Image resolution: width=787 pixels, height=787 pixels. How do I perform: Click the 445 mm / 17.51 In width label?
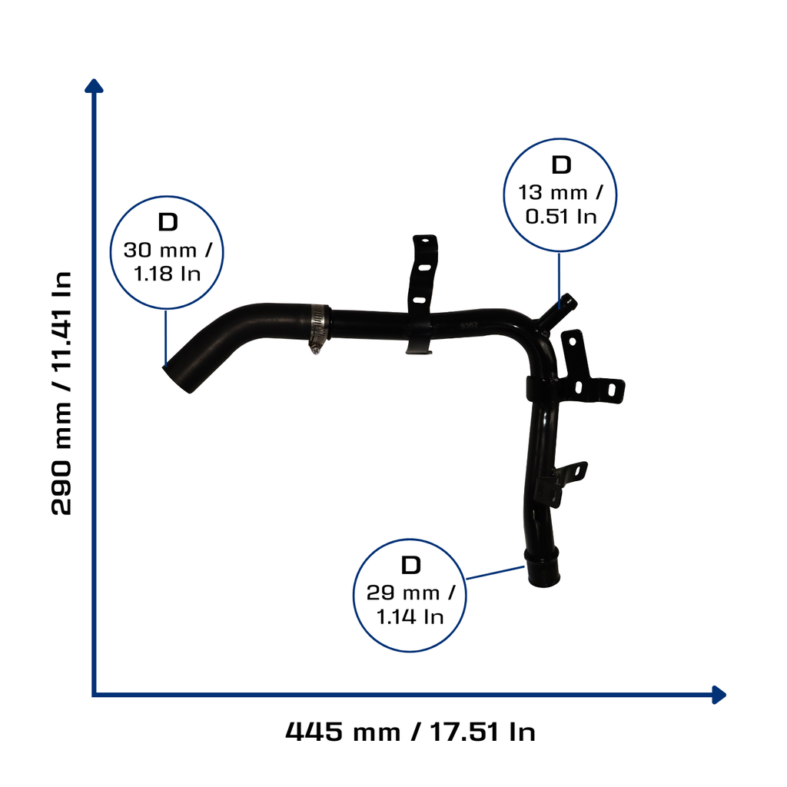pyautogui.click(x=410, y=732)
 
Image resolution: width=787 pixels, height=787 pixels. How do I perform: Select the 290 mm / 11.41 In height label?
pyautogui.click(x=61, y=393)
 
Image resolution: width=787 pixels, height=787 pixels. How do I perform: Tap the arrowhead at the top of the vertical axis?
pyautogui.click(x=94, y=85)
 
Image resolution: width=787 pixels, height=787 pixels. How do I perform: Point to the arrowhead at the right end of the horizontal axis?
pyautogui.click(x=719, y=695)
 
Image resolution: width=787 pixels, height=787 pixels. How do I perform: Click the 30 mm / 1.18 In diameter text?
pyautogui.click(x=168, y=261)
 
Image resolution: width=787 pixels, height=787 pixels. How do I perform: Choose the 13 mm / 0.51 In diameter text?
pyautogui.click(x=560, y=204)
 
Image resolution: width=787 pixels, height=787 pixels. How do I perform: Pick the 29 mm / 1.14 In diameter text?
pyautogui.click(x=410, y=605)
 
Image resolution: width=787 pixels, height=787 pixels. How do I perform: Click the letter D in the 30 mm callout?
pyautogui.click(x=168, y=222)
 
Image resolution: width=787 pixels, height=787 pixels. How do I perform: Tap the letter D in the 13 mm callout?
pyautogui.click(x=561, y=164)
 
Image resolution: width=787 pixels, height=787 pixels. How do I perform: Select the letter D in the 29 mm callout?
pyautogui.click(x=410, y=565)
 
